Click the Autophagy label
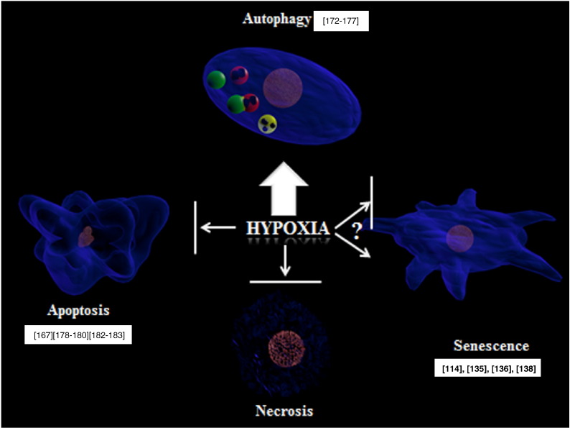point(276,19)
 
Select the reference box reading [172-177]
point(341,21)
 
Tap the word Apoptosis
point(78,310)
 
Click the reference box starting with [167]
point(78,334)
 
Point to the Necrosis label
point(284,411)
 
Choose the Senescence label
point(491,345)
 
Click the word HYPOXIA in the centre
point(288,229)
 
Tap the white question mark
point(357,231)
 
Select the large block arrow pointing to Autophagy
point(284,188)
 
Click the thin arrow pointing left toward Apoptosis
point(218,227)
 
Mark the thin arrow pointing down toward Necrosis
point(286,260)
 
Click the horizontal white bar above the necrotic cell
point(286,281)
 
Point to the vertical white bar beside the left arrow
point(195,227)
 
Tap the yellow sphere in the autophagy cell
point(268,124)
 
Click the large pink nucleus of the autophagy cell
point(283,88)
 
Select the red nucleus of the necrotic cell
point(286,349)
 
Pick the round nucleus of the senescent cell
point(460,239)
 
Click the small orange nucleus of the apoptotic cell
point(86,237)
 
